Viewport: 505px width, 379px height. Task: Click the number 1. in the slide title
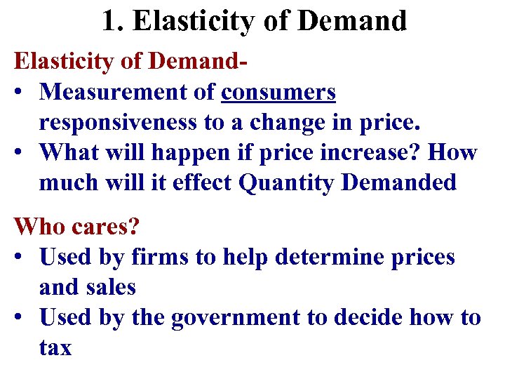pyautogui.click(x=113, y=21)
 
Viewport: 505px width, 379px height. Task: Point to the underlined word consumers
pyautogui.click(x=278, y=92)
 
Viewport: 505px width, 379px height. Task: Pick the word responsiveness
pyautogui.click(x=119, y=122)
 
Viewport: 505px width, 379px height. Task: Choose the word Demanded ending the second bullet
pyautogui.click(x=400, y=182)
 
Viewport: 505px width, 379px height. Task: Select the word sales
pyautogui.click(x=112, y=287)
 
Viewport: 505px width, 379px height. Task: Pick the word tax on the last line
pyautogui.click(x=55, y=347)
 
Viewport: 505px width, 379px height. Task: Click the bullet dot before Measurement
pyautogui.click(x=22, y=93)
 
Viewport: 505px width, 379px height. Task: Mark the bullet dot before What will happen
pyautogui.click(x=22, y=153)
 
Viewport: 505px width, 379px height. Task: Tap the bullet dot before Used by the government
pyautogui.click(x=22, y=318)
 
